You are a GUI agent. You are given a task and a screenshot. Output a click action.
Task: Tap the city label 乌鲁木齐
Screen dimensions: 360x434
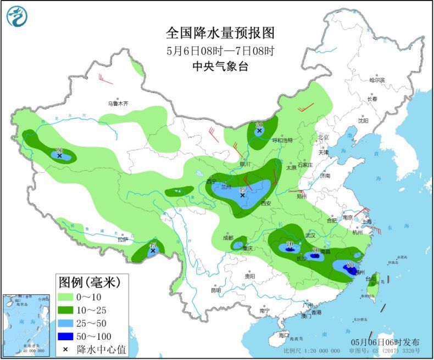click(117, 103)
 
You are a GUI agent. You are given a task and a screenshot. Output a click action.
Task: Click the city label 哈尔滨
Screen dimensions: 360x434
click(377, 80)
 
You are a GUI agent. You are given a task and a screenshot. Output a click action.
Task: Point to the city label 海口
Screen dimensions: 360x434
click(283, 335)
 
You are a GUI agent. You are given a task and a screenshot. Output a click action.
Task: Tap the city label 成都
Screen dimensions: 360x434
click(228, 238)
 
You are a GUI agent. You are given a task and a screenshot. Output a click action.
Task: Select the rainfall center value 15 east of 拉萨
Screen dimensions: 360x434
click(153, 245)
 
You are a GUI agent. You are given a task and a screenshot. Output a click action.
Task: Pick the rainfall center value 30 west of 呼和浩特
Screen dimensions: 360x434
click(259, 125)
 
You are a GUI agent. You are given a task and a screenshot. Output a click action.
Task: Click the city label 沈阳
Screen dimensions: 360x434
click(363, 121)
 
